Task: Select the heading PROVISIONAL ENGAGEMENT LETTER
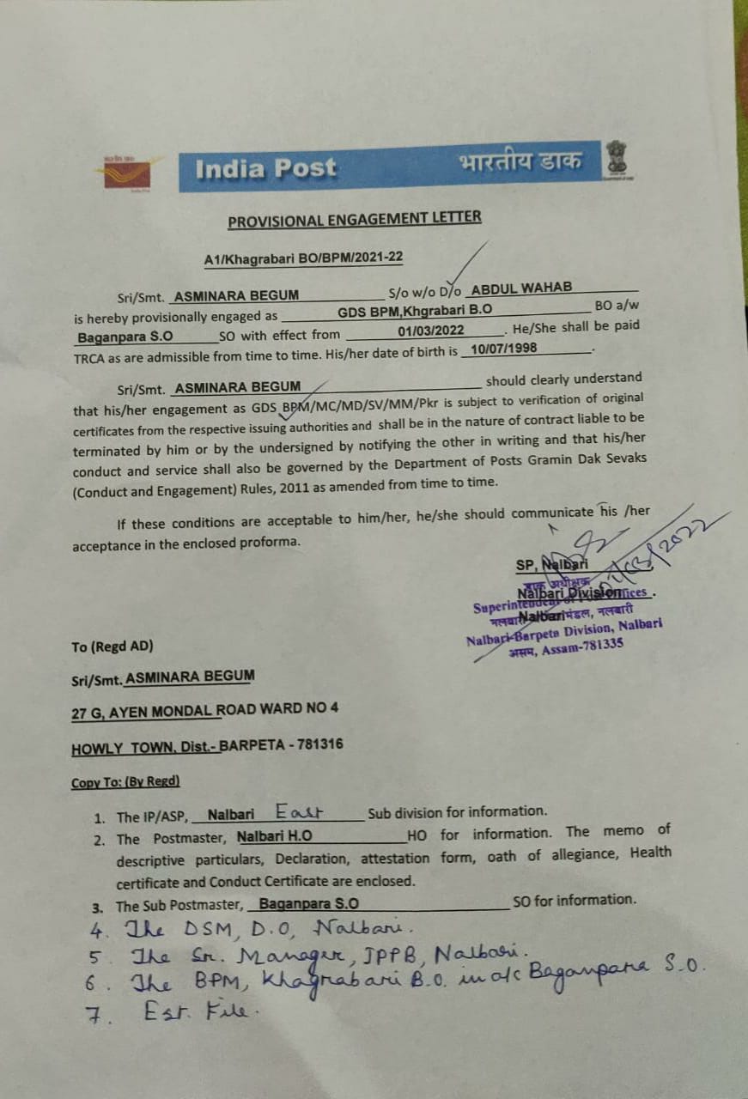[354, 220]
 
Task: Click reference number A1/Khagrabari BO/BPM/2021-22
[303, 258]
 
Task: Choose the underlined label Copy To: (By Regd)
[125, 781]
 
